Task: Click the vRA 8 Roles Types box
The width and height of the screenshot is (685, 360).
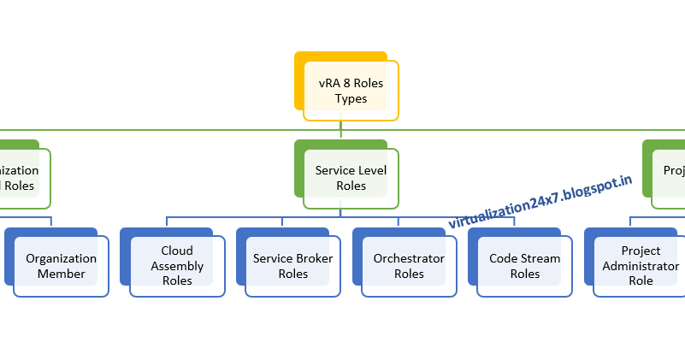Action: [x=351, y=91]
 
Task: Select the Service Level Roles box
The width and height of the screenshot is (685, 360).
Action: [x=351, y=178]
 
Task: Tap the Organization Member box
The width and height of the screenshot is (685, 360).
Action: [x=61, y=266]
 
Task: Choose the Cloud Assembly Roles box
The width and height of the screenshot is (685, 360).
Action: [x=177, y=266]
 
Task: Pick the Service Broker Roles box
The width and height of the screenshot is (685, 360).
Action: [x=293, y=266]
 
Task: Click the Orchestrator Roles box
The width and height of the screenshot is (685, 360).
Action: [x=409, y=266]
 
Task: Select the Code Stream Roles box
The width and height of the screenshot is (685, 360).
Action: [x=525, y=266]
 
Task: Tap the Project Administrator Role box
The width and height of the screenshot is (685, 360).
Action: [x=641, y=266]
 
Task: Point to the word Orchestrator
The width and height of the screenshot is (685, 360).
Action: [x=409, y=258]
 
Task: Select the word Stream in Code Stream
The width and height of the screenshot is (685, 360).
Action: [x=541, y=258]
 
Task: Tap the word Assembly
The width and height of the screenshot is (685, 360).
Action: [x=177, y=266]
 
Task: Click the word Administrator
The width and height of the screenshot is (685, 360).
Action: [x=641, y=266]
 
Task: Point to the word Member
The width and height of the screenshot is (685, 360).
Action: [x=61, y=274]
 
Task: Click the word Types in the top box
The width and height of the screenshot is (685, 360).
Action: [x=351, y=98]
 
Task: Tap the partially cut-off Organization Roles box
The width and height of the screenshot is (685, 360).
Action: [x=21, y=178]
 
